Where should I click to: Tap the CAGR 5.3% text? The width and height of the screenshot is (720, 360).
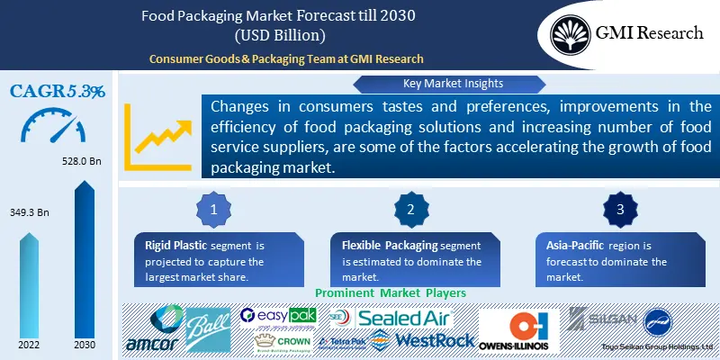click(58, 91)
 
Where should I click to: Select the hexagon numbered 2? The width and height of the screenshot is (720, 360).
click(409, 210)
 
